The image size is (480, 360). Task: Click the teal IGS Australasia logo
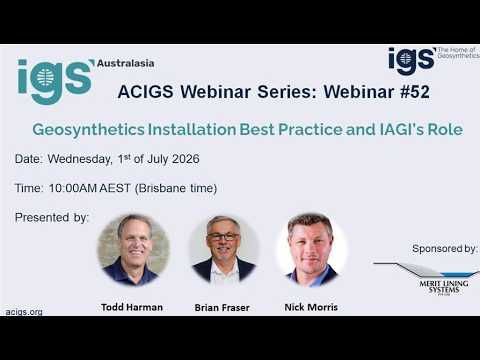(56, 81)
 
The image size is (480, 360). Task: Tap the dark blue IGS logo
(412, 61)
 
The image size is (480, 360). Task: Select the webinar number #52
(415, 92)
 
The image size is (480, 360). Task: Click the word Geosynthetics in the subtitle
(88, 130)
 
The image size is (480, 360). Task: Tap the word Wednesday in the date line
(80, 159)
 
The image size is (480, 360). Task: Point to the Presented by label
(52, 218)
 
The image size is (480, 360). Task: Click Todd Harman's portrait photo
(133, 250)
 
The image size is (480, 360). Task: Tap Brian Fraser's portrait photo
(224, 249)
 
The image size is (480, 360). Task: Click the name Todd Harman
(132, 307)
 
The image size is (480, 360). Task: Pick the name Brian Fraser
(222, 307)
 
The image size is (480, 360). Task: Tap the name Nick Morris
(311, 307)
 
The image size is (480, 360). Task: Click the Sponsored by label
(445, 249)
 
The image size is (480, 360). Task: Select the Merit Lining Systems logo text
(444, 287)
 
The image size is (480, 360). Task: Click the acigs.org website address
(24, 312)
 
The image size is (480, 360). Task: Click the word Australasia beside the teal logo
(126, 63)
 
